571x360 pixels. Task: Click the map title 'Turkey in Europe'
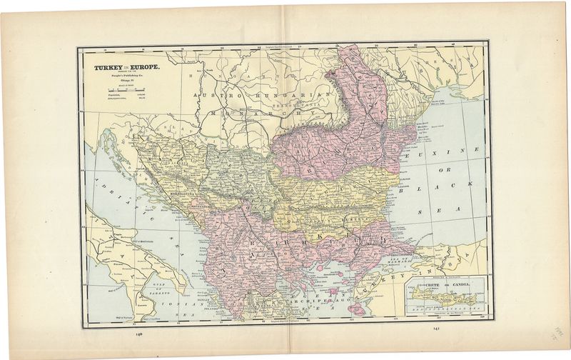[119, 69]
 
